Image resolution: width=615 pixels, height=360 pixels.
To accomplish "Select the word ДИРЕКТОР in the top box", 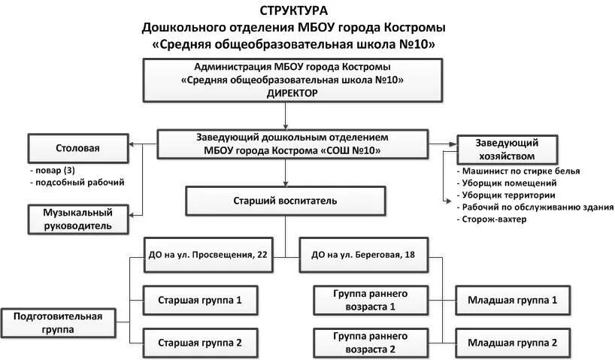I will pyautogui.click(x=292, y=93).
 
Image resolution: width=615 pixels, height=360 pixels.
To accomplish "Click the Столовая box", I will pyautogui.click(x=77, y=148).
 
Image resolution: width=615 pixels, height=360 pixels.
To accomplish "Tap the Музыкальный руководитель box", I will pyautogui.click(x=77, y=219).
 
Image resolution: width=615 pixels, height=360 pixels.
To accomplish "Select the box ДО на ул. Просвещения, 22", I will pyautogui.click(x=205, y=255).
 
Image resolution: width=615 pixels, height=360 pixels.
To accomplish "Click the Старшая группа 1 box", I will pyautogui.click(x=199, y=300).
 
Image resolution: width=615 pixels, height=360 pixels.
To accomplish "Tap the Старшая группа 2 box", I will pyautogui.click(x=199, y=343).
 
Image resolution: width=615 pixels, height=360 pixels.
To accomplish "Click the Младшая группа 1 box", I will pyautogui.click(x=512, y=300).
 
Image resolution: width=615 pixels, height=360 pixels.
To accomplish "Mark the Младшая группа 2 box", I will pyautogui.click(x=512, y=342).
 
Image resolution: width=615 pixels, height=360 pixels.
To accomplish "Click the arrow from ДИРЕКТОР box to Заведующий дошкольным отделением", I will pyautogui.click(x=285, y=115).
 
